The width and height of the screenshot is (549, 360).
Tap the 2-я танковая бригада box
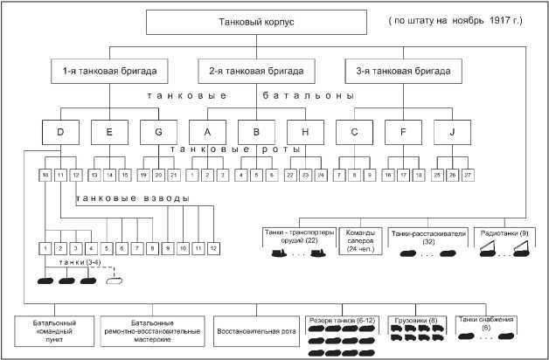click(x=267, y=69)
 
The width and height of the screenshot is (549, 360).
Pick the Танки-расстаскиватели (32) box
click(x=426, y=246)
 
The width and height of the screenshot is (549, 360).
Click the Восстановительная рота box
click(x=257, y=331)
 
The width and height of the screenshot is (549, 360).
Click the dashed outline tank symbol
click(x=113, y=281)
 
